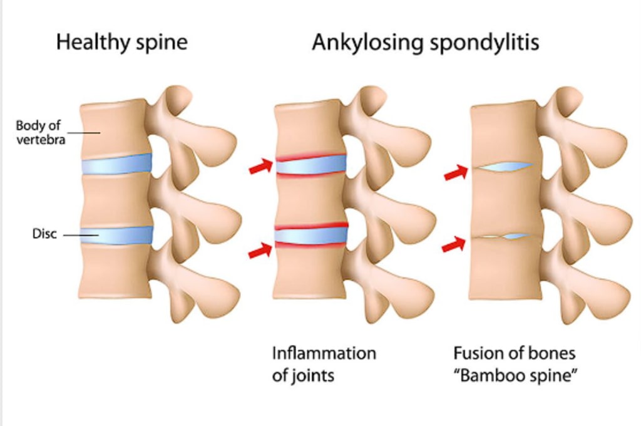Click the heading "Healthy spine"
(x=121, y=43)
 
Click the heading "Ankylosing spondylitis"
(x=425, y=43)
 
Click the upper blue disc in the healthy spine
(x=116, y=164)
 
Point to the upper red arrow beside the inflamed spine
(x=261, y=167)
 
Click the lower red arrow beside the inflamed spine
(x=261, y=251)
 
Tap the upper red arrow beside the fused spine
(x=456, y=172)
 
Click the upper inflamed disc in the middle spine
(x=311, y=164)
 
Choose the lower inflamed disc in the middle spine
(x=311, y=235)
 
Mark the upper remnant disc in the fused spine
(x=504, y=167)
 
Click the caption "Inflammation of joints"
(x=324, y=364)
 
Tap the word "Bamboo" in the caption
(x=495, y=376)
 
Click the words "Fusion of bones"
(x=514, y=353)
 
